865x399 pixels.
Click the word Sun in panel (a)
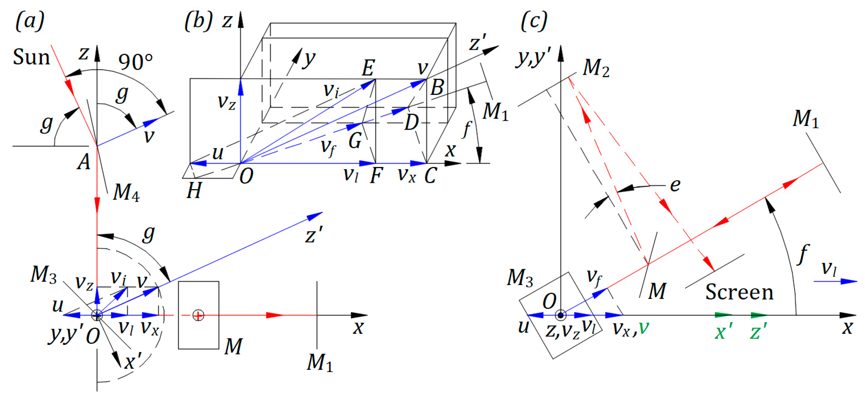[x=31, y=57]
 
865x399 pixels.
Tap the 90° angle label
[x=135, y=62]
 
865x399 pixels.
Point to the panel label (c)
[x=534, y=21]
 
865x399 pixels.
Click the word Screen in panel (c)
[x=739, y=292]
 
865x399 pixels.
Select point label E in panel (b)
[x=368, y=68]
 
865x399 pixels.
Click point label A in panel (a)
[x=84, y=162]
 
